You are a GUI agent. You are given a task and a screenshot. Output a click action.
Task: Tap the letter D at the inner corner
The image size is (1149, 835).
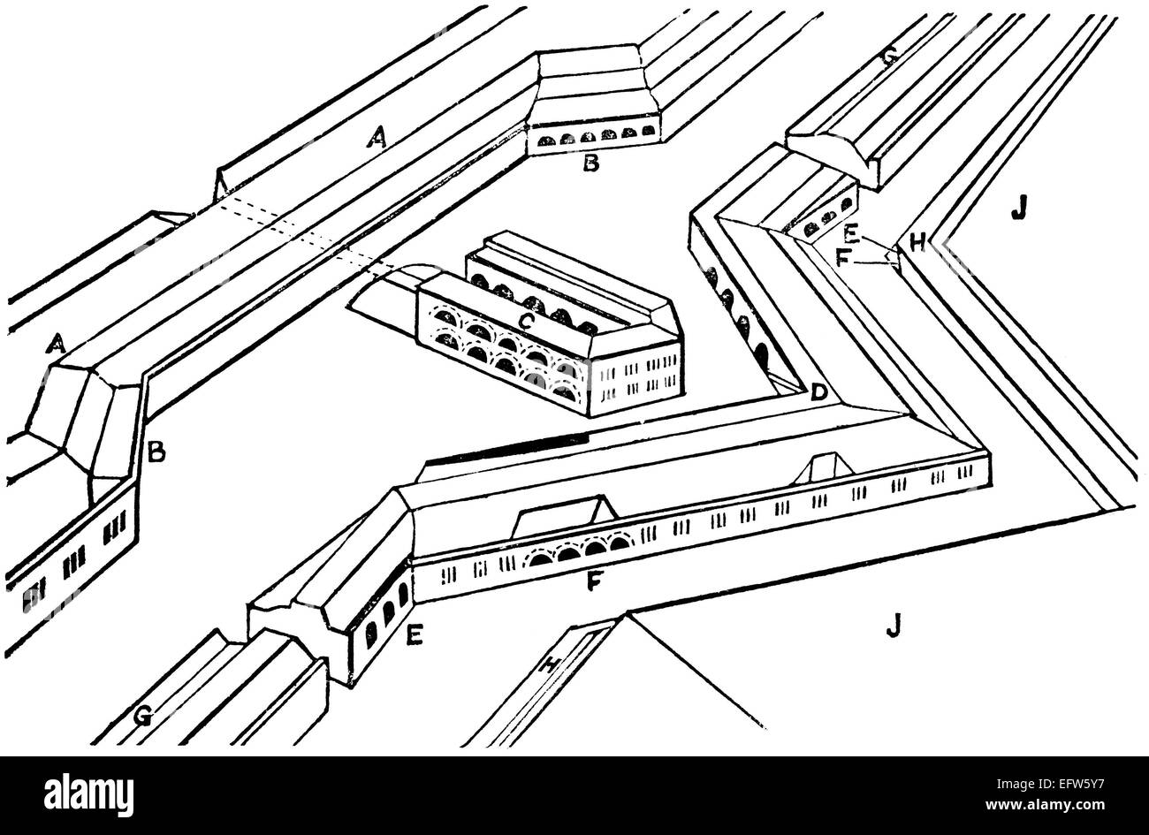tap(818, 392)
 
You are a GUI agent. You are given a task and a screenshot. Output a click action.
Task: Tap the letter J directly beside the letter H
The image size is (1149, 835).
tap(1018, 209)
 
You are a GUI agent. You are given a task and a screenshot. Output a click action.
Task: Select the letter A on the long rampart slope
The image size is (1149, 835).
tap(377, 135)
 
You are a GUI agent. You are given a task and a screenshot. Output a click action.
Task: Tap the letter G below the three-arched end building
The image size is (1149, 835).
tap(141, 716)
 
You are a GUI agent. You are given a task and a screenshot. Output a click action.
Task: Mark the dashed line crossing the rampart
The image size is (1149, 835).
tap(309, 234)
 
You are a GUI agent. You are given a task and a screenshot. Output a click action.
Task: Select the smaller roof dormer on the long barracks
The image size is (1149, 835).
tap(823, 468)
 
